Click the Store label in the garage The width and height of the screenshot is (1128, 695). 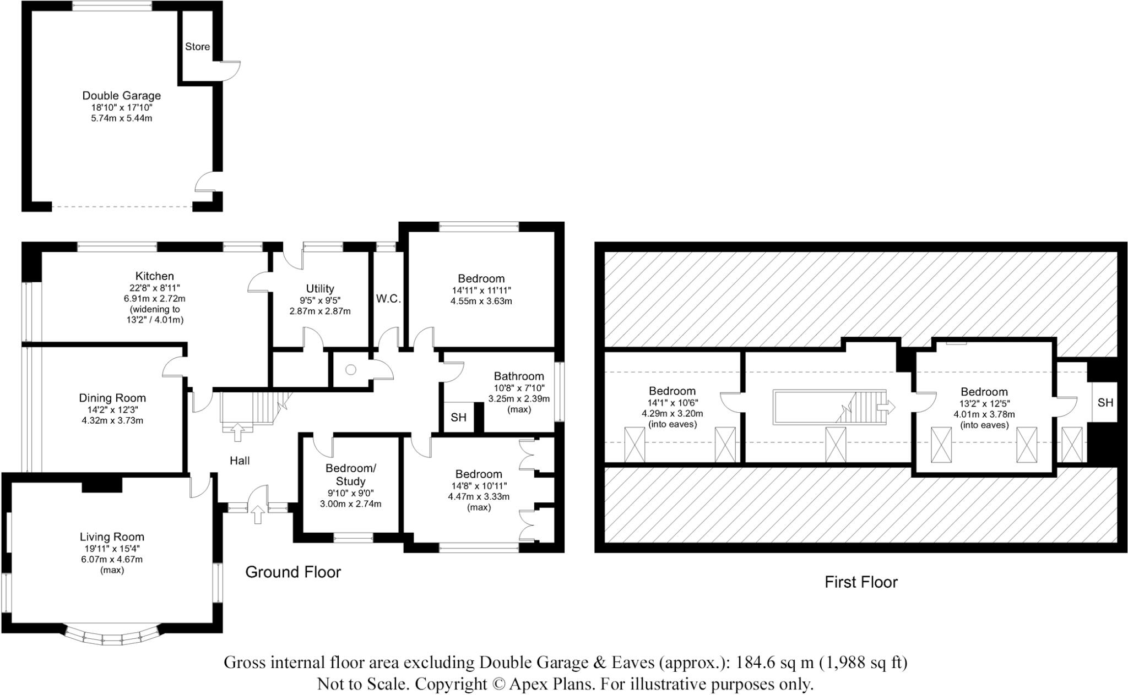point(197,47)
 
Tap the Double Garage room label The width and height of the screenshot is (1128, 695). point(121,96)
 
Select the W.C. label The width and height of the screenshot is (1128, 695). point(388,299)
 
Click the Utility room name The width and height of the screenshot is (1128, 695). point(320,288)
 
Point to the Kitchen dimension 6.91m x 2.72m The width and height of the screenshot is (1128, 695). point(154,299)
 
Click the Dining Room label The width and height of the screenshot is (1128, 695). point(112,398)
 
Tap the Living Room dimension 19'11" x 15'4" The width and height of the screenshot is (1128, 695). point(112,549)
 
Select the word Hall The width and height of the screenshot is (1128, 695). point(240,461)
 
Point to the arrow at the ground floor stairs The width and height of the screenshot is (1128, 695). point(238,432)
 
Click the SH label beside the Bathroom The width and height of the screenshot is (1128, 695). point(458,417)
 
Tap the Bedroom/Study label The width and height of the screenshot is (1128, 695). point(350,474)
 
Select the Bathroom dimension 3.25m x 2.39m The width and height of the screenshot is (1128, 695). point(518,399)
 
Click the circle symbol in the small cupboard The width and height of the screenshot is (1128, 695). point(351,370)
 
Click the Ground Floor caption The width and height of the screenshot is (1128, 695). point(293,572)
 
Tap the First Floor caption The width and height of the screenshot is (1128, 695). point(861,582)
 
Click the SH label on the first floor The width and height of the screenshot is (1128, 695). point(1105,403)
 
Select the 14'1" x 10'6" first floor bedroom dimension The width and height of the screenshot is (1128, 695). point(672,403)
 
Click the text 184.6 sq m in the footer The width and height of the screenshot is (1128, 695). point(774,663)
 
